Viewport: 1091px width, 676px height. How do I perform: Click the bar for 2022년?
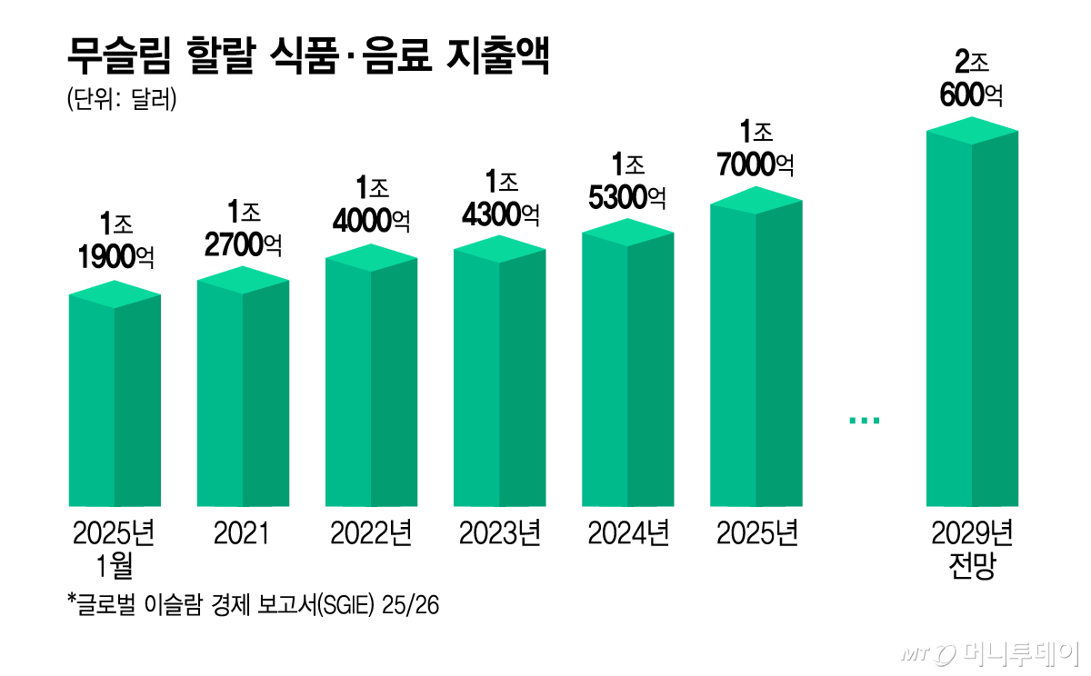pyautogui.click(x=371, y=375)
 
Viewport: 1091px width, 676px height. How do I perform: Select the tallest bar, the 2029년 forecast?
pyautogui.click(x=972, y=312)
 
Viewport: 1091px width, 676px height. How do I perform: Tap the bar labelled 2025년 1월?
pyautogui.click(x=115, y=393)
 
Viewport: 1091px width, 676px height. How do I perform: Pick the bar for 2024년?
pyautogui.click(x=628, y=363)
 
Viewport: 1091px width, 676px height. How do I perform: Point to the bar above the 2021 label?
pyautogui.click(x=243, y=386)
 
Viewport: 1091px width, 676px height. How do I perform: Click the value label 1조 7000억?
pyautogui.click(x=756, y=148)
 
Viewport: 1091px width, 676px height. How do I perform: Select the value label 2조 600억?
pyautogui.click(x=971, y=78)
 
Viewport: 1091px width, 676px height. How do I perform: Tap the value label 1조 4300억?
pyautogui.click(x=501, y=199)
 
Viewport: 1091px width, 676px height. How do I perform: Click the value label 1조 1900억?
pyautogui.click(x=116, y=241)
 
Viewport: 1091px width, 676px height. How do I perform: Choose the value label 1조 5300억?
pyautogui.click(x=627, y=181)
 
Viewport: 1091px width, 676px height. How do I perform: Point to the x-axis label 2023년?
pyautogui.click(x=500, y=533)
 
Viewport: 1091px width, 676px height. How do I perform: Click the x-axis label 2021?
pyautogui.click(x=242, y=533)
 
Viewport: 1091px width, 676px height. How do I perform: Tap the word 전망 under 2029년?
pyautogui.click(x=972, y=564)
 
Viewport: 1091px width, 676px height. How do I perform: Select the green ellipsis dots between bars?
pyautogui.click(x=865, y=421)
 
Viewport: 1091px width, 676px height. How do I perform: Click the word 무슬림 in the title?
pyautogui.click(x=119, y=55)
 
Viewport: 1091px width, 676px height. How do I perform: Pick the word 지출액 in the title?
pyautogui.click(x=498, y=55)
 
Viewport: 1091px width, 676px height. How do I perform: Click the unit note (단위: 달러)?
pyautogui.click(x=122, y=99)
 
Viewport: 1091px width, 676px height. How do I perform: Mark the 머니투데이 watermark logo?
pyautogui.click(x=991, y=653)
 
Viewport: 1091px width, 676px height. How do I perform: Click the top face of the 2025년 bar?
pyautogui.click(x=756, y=200)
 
